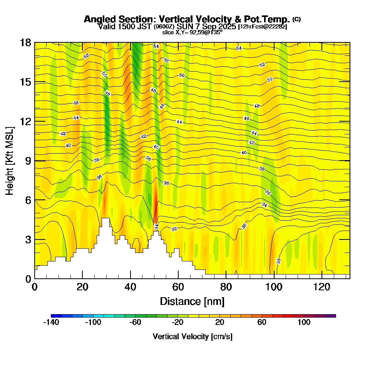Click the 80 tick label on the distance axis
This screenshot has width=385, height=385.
point(226,287)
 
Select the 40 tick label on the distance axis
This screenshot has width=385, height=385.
point(131,287)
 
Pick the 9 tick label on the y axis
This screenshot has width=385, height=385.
point(28,161)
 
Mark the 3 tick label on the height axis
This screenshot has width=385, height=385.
point(28,239)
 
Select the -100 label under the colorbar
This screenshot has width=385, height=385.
point(93,322)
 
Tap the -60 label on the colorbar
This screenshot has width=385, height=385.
point(135,322)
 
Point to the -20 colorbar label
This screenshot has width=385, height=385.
point(177,322)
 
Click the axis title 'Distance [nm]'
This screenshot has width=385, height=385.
point(192,301)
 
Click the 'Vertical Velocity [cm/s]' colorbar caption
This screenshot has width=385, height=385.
point(192,336)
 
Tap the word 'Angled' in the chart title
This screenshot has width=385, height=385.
point(98,19)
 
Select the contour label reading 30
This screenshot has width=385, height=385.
point(279,261)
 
